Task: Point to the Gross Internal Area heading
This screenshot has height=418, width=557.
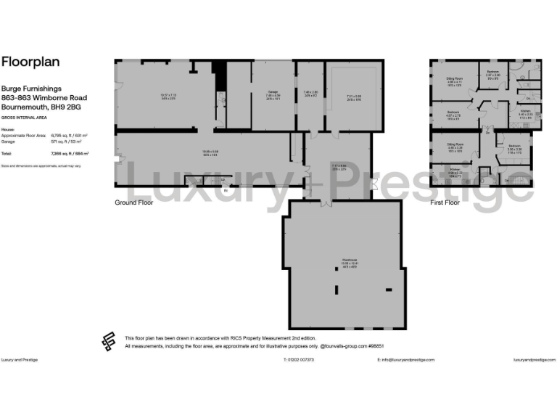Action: click(20, 117)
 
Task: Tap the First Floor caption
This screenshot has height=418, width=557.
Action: click(445, 202)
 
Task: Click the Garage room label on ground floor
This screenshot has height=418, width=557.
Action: click(273, 91)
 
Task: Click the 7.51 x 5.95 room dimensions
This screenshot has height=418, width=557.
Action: click(353, 97)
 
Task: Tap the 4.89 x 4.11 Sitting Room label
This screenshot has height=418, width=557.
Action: click(455, 83)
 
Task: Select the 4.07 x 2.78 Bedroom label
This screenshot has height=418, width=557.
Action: click(453, 116)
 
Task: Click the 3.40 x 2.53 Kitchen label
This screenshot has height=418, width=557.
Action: click(526, 114)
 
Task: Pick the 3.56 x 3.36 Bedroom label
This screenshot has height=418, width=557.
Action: click(515, 149)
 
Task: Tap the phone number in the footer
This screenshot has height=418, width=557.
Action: click(298, 360)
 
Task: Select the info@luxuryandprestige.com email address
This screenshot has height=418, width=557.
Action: click(404, 360)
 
